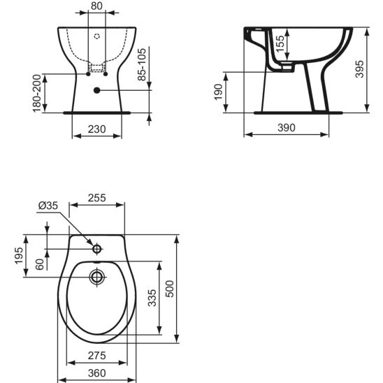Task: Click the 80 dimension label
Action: click(x=96, y=6)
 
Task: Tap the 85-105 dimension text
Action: click(x=142, y=64)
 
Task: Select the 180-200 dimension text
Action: click(x=37, y=94)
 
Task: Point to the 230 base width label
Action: click(x=96, y=129)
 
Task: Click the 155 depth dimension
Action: click(x=280, y=43)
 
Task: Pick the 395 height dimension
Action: click(x=359, y=69)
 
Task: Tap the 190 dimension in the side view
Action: click(x=218, y=92)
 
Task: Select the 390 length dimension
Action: click(x=287, y=127)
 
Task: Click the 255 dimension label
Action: click(x=97, y=198)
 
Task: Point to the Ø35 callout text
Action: click(x=48, y=205)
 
